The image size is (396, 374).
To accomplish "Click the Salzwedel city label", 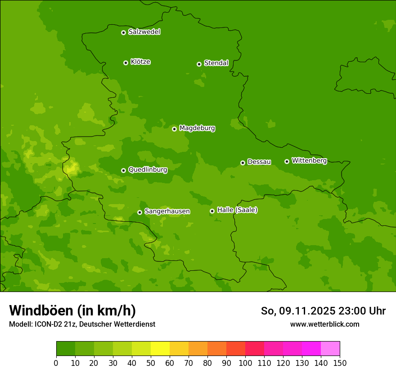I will (144, 32).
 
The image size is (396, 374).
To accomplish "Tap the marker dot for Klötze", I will (126, 63).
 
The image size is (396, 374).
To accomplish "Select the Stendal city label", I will (216, 63).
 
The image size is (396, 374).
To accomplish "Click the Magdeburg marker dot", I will (174, 129).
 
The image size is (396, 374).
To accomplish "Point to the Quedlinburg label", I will (148, 170).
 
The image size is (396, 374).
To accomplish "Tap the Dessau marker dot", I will (243, 163).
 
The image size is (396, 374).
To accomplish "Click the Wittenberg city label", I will (309, 160).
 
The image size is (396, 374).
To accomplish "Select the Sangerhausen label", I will (167, 211).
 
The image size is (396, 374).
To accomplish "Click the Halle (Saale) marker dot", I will (212, 211).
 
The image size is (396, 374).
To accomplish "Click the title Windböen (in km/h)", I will (72, 310).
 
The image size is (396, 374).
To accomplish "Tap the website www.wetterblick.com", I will (324, 324).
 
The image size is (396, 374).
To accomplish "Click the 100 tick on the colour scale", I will (245, 363).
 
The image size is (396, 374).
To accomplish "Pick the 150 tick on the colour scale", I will (340, 363).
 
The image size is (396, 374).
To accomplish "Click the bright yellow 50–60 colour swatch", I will (160, 349).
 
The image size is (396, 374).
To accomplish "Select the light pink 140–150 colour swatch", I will (330, 349).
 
